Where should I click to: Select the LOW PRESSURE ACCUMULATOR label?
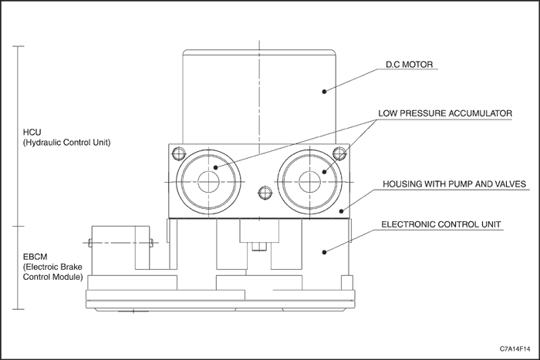click(445, 113)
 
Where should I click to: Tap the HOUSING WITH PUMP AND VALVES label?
click(455, 184)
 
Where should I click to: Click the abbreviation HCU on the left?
click(32, 132)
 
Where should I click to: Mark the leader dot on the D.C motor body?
click(325, 91)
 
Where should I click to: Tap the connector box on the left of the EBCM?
click(120, 248)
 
